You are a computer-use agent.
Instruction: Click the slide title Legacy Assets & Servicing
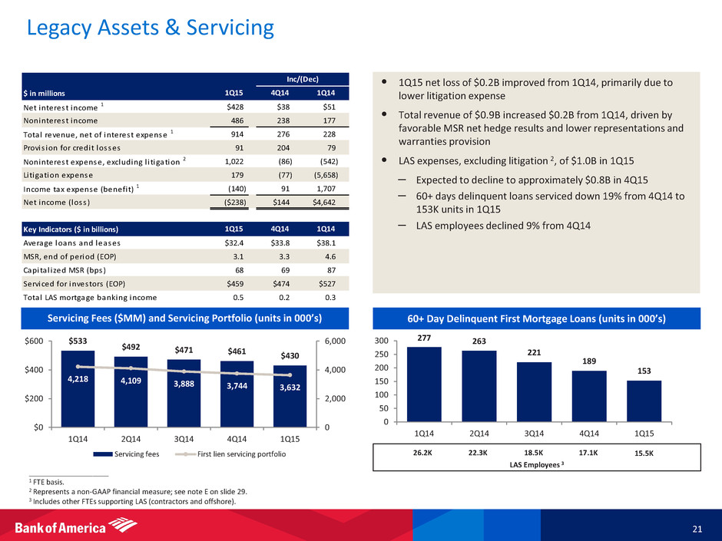[x=150, y=28]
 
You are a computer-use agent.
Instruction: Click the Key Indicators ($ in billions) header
[x=98, y=229]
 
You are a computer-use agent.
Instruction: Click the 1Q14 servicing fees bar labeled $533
[x=78, y=388]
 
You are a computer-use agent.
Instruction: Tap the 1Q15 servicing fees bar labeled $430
[x=290, y=395]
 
